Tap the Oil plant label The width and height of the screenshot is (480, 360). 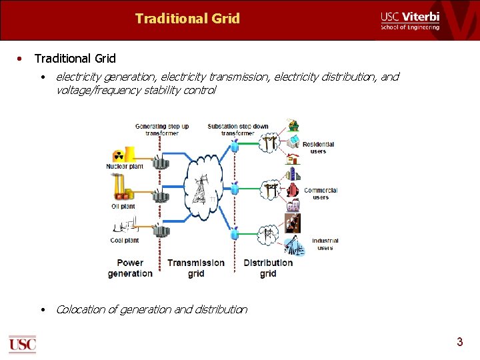pyautogui.click(x=123, y=207)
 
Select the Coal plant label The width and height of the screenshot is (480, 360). pyautogui.click(x=125, y=241)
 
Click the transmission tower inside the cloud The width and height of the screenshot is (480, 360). pyautogui.click(x=199, y=190)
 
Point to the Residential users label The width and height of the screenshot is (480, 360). pyautogui.click(x=318, y=148)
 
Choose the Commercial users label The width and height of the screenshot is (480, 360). pyautogui.click(x=321, y=193)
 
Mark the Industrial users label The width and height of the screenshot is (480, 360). pyautogui.click(x=325, y=244)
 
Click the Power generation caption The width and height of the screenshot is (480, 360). pyautogui.click(x=130, y=268)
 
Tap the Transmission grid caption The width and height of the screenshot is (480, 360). pyautogui.click(x=196, y=268)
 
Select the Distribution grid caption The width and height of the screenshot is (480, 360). pyautogui.click(x=268, y=268)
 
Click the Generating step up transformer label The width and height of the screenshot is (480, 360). pyautogui.click(x=162, y=129)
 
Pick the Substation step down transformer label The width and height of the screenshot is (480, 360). pyautogui.click(x=238, y=129)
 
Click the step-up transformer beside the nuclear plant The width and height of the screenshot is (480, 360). pyautogui.click(x=161, y=162)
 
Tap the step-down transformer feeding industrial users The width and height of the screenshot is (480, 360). pyautogui.click(x=235, y=233)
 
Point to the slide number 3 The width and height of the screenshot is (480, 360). pyautogui.click(x=459, y=342)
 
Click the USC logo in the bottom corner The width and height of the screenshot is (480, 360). pyautogui.click(x=22, y=343)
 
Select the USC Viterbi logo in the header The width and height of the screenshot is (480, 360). pyautogui.click(x=410, y=21)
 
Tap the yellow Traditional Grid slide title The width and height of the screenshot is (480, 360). pyautogui.click(x=187, y=19)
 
